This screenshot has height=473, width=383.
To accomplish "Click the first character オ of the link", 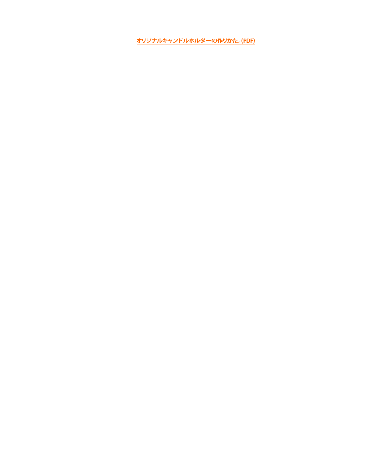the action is (x=139, y=41).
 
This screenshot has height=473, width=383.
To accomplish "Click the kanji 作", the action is (x=219, y=41).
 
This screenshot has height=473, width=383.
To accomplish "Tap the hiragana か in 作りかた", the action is (x=230, y=41).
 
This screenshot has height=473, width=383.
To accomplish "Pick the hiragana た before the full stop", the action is (x=235, y=41).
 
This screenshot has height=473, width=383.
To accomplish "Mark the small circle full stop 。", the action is (x=240, y=42).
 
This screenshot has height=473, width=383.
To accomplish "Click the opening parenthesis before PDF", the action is (x=242, y=41).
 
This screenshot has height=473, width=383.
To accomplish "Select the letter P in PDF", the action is (x=245, y=41).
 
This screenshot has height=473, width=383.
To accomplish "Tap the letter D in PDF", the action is (x=248, y=41).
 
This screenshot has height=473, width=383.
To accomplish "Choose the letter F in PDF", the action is (x=252, y=41).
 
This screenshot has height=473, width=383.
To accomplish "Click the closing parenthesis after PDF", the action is (x=254, y=41).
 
